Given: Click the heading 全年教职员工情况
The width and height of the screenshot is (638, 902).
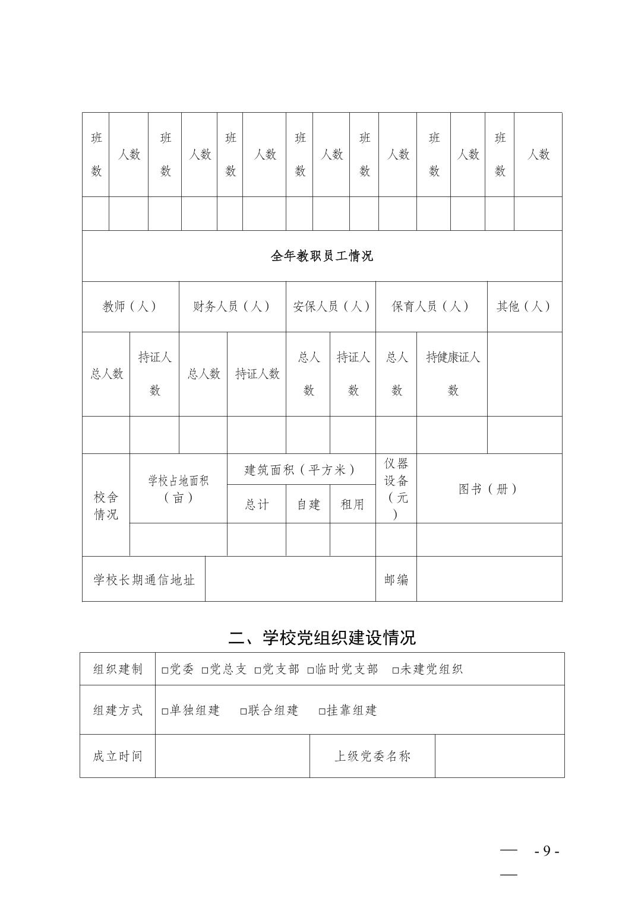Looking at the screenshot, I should (321, 256).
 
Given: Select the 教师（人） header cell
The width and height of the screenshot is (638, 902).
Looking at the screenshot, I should (130, 307).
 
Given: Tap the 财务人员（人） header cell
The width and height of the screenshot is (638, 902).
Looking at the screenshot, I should (232, 307).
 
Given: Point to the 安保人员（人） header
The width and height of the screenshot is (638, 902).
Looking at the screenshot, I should (331, 307).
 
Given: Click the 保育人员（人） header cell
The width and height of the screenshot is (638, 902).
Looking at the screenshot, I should (431, 307).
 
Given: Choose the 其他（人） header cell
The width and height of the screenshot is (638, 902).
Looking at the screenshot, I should (523, 307).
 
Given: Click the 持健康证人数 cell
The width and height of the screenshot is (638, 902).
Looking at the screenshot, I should (452, 374).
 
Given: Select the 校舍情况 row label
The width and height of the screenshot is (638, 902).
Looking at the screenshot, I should (106, 506).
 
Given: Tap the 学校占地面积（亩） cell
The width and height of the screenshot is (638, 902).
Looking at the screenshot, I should (178, 489).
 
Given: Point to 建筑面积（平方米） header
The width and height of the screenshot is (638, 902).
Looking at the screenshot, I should (301, 470).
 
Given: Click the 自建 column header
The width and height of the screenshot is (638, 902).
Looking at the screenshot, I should (308, 504).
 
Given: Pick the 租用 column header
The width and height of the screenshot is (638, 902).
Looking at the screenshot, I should (352, 504).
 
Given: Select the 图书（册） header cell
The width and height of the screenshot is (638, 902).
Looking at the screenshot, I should (488, 489).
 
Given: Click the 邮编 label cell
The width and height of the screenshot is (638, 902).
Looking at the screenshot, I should (396, 579).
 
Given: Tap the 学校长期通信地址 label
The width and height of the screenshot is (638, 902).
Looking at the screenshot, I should (144, 579).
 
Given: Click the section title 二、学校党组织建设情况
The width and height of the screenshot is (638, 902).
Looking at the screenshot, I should (321, 637).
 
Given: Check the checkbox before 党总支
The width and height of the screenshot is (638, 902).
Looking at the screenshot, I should (205, 670).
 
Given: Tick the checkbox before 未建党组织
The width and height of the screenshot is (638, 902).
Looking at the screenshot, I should (396, 670).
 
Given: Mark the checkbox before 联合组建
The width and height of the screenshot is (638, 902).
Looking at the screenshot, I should (244, 711).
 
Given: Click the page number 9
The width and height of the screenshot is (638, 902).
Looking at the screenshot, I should (547, 852).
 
